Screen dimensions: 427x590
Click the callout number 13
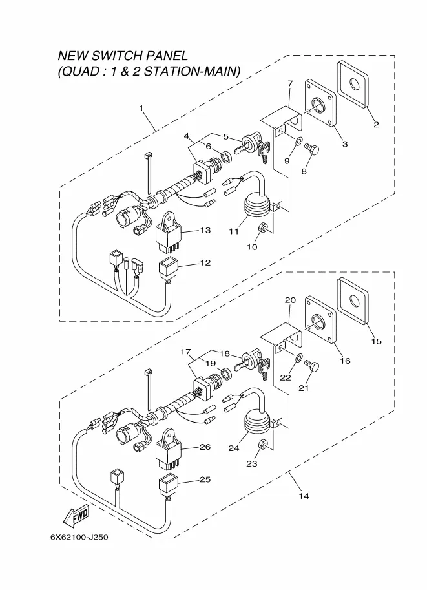tap(205, 230)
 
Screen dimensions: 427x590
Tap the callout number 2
tap(376, 125)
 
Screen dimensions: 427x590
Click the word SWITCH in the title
tap(117, 56)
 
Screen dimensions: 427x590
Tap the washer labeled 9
tap(298, 142)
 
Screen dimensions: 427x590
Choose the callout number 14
tap(304, 496)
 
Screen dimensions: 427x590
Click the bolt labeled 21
tap(312, 365)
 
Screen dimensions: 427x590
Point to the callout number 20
tap(290, 300)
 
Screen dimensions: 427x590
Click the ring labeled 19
tap(226, 374)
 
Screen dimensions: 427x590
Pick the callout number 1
tap(141, 109)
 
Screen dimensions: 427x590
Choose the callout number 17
tap(185, 352)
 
